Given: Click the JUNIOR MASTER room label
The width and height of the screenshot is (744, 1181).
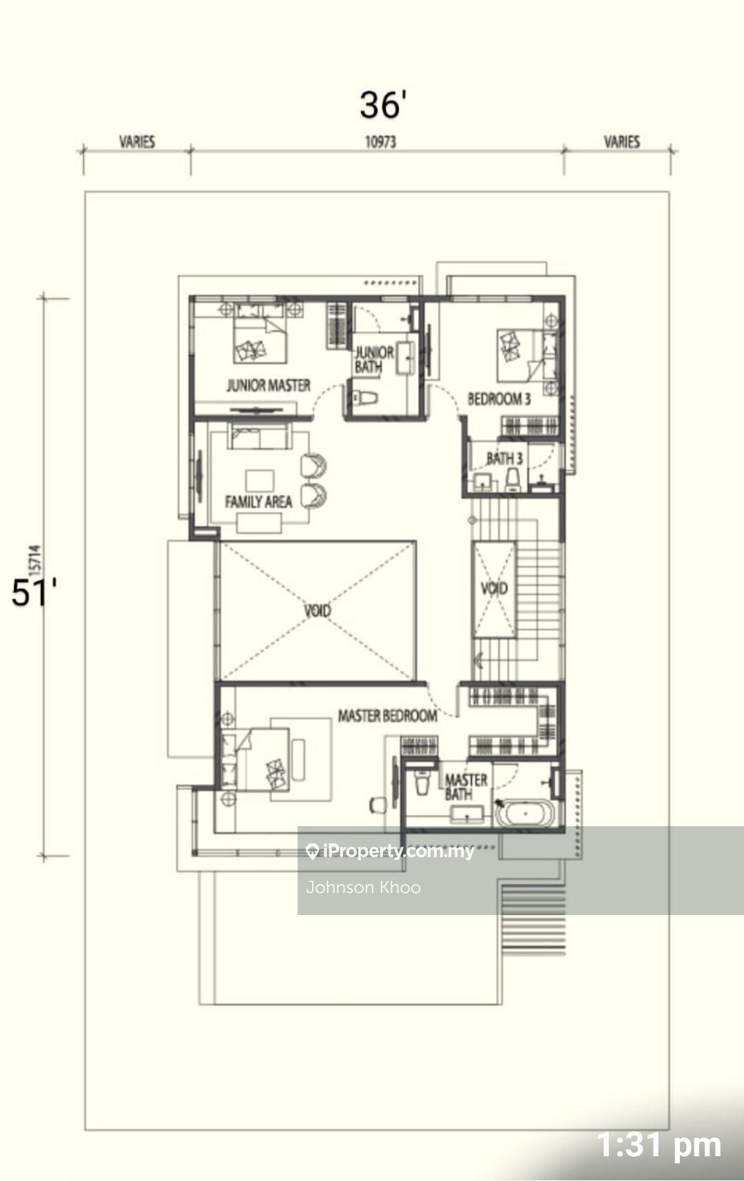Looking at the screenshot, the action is (x=269, y=385).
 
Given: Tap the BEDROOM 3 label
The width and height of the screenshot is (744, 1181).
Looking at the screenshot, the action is (x=499, y=399).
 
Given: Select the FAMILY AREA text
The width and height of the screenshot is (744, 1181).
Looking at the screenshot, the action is (x=258, y=502).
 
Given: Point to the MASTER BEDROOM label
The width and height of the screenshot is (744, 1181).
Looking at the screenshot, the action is (x=388, y=715).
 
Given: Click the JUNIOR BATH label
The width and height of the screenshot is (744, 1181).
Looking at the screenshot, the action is (x=374, y=360).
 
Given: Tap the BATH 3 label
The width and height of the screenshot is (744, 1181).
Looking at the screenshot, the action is (x=504, y=459).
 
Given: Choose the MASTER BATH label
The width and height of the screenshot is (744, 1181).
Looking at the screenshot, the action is (x=466, y=787).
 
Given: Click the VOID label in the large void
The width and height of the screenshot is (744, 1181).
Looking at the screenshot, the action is (x=318, y=610).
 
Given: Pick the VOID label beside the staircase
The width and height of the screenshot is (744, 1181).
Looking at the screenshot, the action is (x=494, y=588).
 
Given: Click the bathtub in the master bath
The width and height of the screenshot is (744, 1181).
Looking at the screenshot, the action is (x=525, y=814).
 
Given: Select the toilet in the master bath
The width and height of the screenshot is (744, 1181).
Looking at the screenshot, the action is (x=422, y=783).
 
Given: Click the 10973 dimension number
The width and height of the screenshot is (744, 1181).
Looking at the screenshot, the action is (x=381, y=142).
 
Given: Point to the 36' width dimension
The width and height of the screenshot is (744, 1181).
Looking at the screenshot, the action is (x=383, y=105).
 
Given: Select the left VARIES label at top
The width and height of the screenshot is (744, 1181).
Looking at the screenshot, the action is (x=137, y=142).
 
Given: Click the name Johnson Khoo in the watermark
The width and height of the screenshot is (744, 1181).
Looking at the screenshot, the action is (x=363, y=887).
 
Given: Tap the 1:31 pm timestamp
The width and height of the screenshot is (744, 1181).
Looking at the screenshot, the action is (x=659, y=1144).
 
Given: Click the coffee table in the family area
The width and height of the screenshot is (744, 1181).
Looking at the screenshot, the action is (x=260, y=481).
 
